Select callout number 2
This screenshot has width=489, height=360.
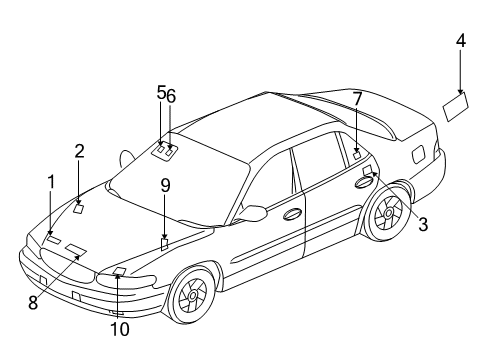pyautogui.click(x=79, y=151)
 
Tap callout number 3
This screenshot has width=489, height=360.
pyautogui.click(x=423, y=225)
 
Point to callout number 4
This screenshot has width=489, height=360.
pyautogui.click(x=460, y=41)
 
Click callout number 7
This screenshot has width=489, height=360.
pyautogui.click(x=357, y=99)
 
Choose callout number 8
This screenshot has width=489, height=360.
pyautogui.click(x=34, y=303)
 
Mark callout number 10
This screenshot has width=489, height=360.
pyautogui.click(x=119, y=329)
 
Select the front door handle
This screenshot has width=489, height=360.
pyautogui.click(x=293, y=214)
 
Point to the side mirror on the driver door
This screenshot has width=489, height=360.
pyautogui.click(x=255, y=211)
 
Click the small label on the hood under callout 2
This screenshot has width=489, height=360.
pyautogui.click(x=78, y=208)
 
